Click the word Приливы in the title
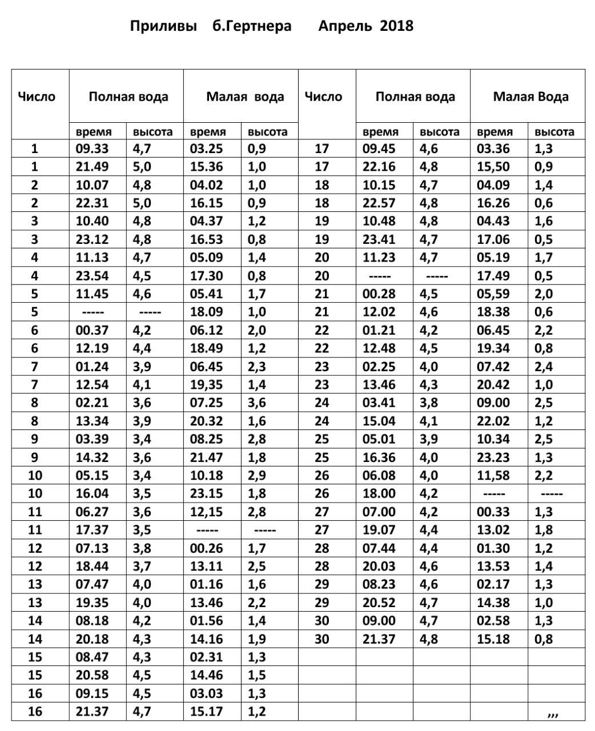[x=163, y=26]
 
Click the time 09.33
[x=92, y=149]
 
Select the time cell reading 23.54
[x=92, y=276]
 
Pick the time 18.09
[x=206, y=312]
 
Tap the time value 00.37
[x=92, y=331]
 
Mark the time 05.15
[x=92, y=476]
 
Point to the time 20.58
[x=92, y=675]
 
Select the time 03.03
[x=206, y=693]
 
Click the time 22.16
[x=379, y=167]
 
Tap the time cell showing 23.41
[x=379, y=240]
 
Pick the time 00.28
[x=379, y=294]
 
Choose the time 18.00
[x=379, y=494]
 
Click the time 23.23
[x=493, y=457]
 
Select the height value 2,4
[x=544, y=367]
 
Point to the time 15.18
[x=493, y=639]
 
